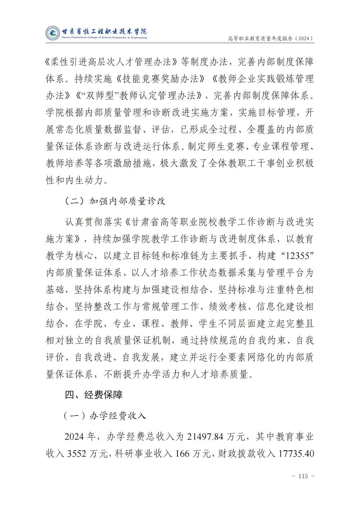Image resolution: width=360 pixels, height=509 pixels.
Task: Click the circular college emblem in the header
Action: pos(53,33)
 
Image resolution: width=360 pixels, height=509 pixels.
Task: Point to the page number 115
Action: pos(303,476)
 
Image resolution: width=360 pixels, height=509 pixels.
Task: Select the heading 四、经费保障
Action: pos(94,395)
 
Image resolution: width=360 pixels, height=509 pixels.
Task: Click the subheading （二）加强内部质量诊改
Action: pos(115,201)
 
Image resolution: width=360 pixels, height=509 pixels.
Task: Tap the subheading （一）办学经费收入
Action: pos(105,416)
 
